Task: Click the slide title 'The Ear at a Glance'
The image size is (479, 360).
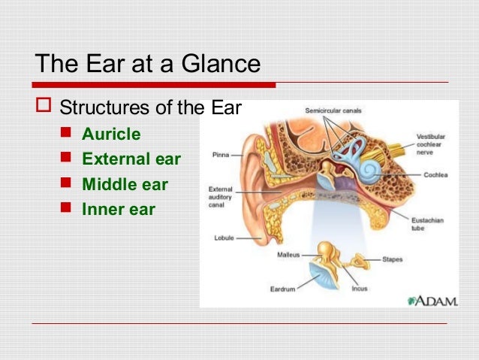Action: tap(148, 63)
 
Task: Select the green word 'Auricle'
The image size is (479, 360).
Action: tap(111, 135)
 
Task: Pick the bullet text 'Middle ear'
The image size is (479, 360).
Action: tap(125, 184)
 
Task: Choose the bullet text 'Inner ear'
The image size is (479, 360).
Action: tap(118, 209)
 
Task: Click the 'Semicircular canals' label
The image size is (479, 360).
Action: tap(333, 110)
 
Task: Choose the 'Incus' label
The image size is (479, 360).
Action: tap(359, 288)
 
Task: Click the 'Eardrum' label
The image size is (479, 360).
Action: tap(283, 288)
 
